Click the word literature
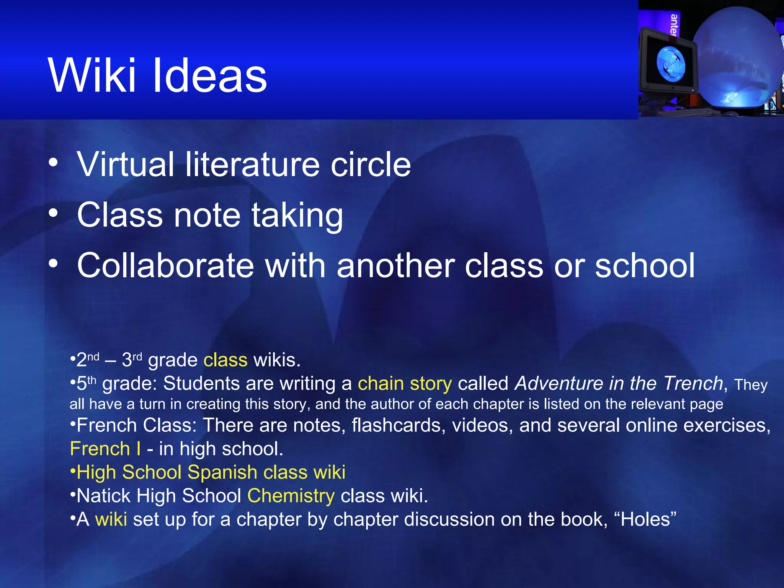pyautogui.click(x=252, y=164)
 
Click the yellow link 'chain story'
pyautogui.click(x=405, y=384)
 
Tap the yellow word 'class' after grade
pyautogui.click(x=225, y=360)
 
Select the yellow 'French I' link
pyautogui.click(x=105, y=449)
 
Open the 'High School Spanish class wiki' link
pyautogui.click(x=211, y=472)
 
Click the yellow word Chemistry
pyautogui.click(x=291, y=496)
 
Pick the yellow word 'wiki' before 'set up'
pyautogui.click(x=111, y=519)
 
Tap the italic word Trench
pyautogui.click(x=693, y=384)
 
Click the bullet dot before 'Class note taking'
pyautogui.click(x=53, y=213)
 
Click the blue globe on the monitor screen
pyautogui.click(x=670, y=63)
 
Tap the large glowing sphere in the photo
pyautogui.click(x=737, y=57)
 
